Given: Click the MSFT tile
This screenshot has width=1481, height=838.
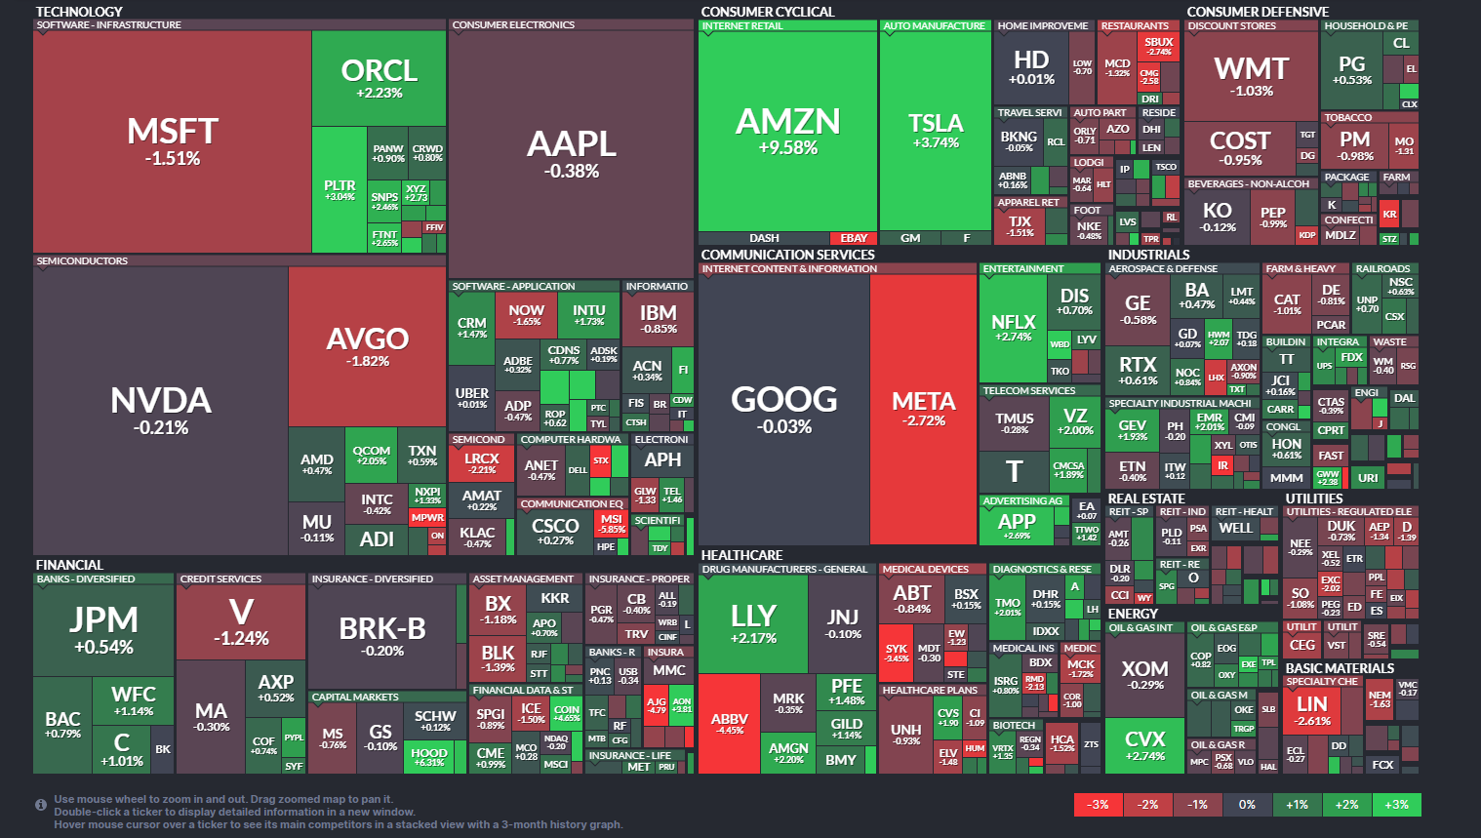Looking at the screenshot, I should click(x=173, y=141).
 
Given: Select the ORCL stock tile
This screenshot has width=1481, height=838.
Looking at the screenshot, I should click(x=379, y=78).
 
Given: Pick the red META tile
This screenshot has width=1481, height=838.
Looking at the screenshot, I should click(x=923, y=408).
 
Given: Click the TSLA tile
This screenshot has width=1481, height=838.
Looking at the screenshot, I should click(x=935, y=130).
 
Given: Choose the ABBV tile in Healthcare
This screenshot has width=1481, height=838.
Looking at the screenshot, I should click(x=729, y=723).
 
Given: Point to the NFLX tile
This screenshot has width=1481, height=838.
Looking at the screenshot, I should click(x=1013, y=328).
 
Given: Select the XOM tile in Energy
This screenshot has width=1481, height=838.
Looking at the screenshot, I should click(x=1144, y=673).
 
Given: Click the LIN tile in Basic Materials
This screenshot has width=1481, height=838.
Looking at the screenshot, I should click(x=1311, y=709).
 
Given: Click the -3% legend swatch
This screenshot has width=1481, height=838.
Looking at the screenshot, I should click(x=1099, y=805).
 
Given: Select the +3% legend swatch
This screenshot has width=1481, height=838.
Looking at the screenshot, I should click(x=1396, y=805).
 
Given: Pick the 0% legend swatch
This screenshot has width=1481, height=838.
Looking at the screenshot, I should click(x=1247, y=805).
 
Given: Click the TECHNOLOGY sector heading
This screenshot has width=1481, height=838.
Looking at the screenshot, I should click(x=79, y=12).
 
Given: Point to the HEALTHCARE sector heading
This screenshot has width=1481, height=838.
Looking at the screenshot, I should click(x=741, y=555).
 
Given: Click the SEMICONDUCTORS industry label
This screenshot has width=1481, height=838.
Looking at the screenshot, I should click(x=82, y=261).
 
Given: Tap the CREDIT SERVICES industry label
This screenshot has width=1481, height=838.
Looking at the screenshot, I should click(x=220, y=579).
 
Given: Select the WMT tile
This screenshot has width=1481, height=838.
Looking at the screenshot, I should click(x=1252, y=75).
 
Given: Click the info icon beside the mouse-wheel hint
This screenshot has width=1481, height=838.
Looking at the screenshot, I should click(x=41, y=805).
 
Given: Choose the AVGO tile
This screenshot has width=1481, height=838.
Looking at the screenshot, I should click(x=367, y=346).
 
